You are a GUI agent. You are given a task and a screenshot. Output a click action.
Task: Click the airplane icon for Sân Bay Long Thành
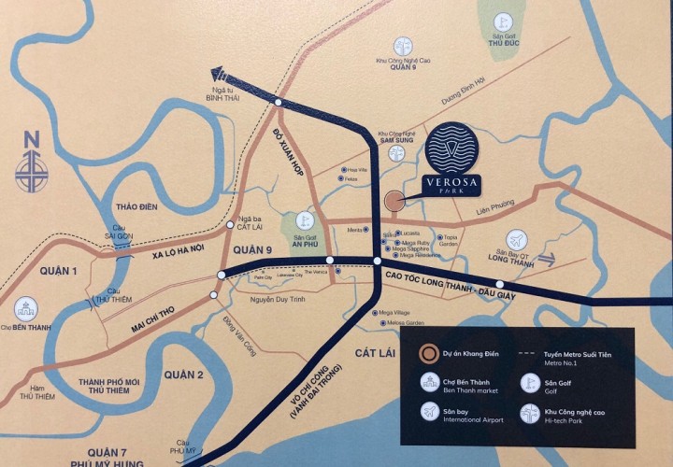(x=516, y=239)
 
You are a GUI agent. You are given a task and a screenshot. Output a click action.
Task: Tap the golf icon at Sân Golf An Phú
(x=301, y=220)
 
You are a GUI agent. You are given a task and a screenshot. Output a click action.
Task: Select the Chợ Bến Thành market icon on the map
(x=25, y=309)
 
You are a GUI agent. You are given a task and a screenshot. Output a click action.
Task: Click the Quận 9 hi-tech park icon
(x=403, y=45)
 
